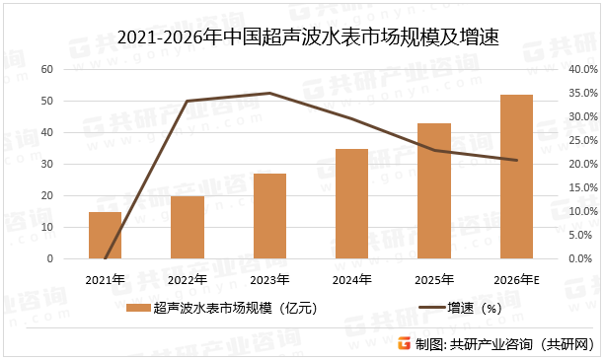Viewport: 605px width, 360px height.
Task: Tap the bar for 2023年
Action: [x=269, y=216]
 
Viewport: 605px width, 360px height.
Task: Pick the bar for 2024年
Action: [x=351, y=203]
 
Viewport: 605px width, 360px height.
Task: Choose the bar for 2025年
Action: [x=434, y=190]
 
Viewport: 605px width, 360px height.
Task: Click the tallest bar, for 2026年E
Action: [x=516, y=177]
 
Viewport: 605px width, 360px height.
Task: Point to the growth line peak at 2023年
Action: [x=269, y=94]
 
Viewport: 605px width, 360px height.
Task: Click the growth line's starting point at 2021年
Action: [x=105, y=258]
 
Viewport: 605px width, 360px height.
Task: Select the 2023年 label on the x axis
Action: [x=269, y=280]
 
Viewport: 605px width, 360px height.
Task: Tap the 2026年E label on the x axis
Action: [x=516, y=280]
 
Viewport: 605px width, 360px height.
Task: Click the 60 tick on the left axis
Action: [x=47, y=70]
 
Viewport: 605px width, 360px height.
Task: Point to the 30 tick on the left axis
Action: [x=47, y=165]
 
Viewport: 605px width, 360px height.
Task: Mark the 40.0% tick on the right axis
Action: [x=583, y=70]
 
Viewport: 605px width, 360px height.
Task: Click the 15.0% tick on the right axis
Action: [x=583, y=188]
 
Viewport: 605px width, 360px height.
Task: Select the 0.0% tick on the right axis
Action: [x=583, y=259]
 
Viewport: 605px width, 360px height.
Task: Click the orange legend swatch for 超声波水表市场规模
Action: [x=138, y=309]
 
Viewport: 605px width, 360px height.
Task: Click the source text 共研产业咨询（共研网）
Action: [x=524, y=343]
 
